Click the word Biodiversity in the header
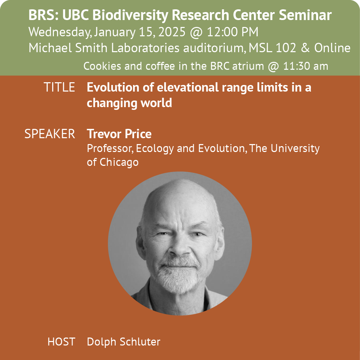point(130,16)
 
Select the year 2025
point(172,32)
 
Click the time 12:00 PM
point(233,32)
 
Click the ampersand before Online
point(305,48)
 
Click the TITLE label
point(59,87)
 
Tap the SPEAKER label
point(50,134)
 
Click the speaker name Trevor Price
point(119,134)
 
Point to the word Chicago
point(119,162)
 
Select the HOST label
point(61,342)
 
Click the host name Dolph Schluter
point(124,342)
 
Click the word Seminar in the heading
point(305,16)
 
